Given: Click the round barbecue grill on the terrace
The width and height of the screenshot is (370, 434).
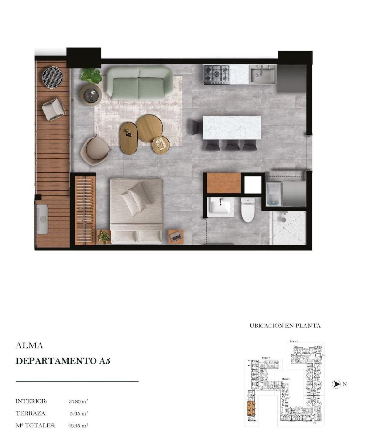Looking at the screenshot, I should click(x=53, y=77).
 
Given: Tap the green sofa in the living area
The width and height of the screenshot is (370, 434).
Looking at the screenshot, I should click(x=140, y=83).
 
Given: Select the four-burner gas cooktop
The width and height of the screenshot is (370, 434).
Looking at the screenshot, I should click(x=216, y=74).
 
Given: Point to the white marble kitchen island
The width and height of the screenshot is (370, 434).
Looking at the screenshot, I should click(x=232, y=128).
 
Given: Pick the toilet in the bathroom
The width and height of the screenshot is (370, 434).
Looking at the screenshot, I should click(x=248, y=210).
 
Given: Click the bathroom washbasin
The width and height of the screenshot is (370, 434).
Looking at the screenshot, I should click(x=220, y=207).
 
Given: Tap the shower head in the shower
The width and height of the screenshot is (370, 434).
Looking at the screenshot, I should click(x=284, y=219).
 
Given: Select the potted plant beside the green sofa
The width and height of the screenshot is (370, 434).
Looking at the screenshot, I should click(x=91, y=76).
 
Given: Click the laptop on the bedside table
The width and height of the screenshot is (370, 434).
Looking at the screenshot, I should click(x=176, y=237).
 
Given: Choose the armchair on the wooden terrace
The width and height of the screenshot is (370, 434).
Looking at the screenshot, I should click(x=54, y=109).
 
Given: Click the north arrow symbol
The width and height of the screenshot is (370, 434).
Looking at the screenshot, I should click(x=336, y=384).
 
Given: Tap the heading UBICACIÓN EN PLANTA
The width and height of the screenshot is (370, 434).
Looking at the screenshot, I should click(x=285, y=325).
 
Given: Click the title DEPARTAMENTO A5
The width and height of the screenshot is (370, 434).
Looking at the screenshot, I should click(x=63, y=361).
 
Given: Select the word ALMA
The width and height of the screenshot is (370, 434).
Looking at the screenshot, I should click(x=29, y=346).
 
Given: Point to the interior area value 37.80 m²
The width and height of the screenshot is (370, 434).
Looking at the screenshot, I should click(x=78, y=401).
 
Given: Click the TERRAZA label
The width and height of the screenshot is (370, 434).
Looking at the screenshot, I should click(x=31, y=413).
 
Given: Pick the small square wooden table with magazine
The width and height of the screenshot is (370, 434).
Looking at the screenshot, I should click(x=161, y=144).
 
